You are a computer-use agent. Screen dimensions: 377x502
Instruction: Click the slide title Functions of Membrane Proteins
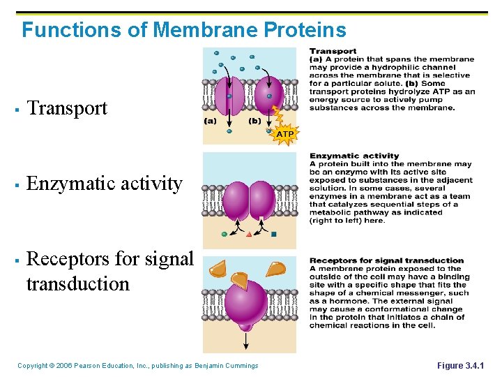point(183,30)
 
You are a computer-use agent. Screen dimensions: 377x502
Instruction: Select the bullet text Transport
point(67,108)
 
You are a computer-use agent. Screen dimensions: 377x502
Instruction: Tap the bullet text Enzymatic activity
point(105,184)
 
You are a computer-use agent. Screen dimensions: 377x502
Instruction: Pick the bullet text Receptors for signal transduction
point(109,271)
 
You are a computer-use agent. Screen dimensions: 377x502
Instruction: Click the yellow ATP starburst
point(285,133)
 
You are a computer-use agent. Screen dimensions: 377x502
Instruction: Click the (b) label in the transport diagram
point(255,120)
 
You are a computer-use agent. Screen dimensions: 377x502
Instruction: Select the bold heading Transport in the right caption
point(333,51)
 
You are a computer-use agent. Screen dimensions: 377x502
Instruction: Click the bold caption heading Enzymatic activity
point(354,156)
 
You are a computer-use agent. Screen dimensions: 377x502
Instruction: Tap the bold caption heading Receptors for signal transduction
point(386,260)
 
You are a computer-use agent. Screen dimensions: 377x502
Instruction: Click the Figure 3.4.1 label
point(460,366)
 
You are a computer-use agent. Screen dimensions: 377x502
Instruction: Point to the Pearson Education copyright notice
point(137,366)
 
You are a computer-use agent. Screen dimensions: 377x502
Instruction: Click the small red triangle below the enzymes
point(249,234)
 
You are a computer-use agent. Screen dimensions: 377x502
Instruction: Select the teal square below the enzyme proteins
point(274,234)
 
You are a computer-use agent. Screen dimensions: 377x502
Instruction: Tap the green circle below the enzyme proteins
point(224,234)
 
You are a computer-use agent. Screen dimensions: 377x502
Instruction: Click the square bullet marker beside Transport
point(15,110)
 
